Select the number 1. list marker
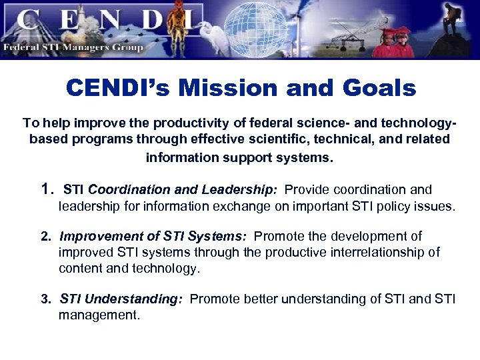[47, 190]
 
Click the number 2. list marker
[47, 237]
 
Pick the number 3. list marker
[47, 299]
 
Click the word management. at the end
[99, 315]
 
